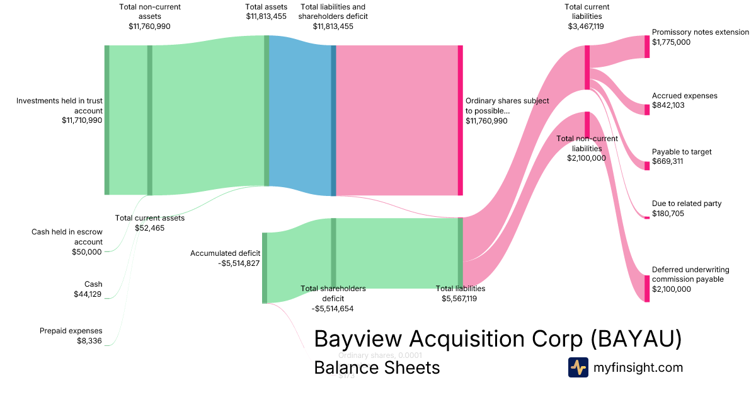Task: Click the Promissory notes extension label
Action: click(700, 32)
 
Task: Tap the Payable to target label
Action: click(682, 152)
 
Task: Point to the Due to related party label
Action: click(687, 204)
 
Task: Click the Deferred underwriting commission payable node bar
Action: click(647, 289)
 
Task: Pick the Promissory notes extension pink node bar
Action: click(647, 47)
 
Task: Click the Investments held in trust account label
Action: click(59, 105)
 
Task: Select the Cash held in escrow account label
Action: click(67, 237)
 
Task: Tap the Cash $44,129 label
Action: click(88, 289)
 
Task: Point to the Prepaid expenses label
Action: click(71, 331)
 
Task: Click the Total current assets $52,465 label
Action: click(150, 223)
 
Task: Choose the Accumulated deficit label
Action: click(225, 253)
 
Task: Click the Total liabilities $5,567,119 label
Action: click(460, 294)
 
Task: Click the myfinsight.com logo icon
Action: click(578, 367)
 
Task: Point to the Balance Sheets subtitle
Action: click(377, 367)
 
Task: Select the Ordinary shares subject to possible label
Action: click(507, 105)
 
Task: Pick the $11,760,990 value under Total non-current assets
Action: click(149, 26)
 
